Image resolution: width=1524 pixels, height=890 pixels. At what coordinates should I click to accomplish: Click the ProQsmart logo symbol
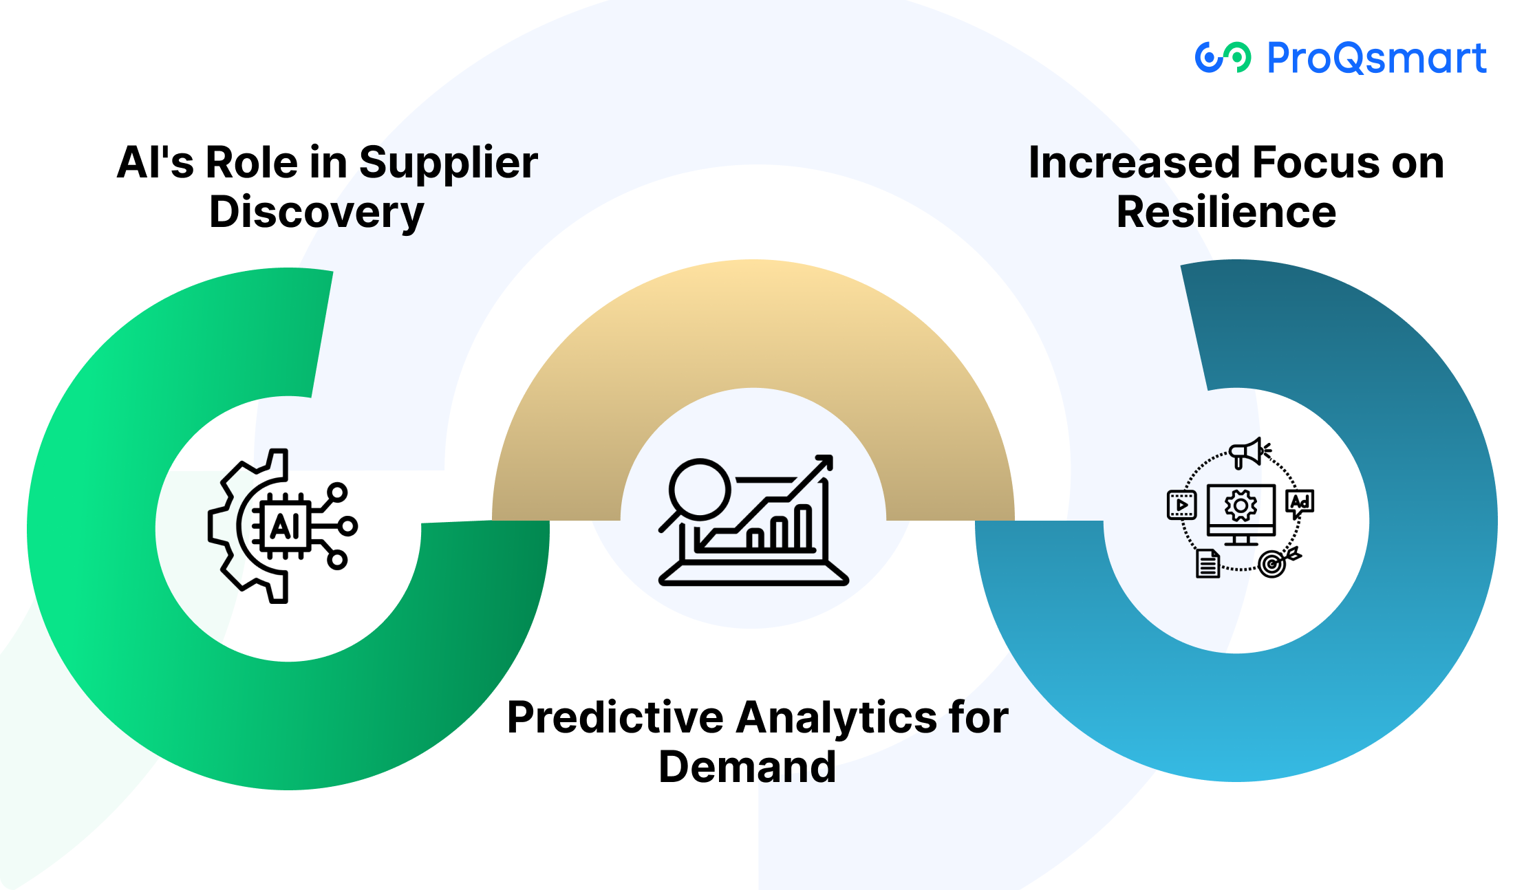(1223, 57)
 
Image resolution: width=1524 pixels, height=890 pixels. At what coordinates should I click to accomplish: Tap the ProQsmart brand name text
(1377, 58)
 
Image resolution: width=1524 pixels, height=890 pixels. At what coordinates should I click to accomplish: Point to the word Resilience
(1226, 212)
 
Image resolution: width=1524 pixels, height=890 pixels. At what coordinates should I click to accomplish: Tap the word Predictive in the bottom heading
(616, 717)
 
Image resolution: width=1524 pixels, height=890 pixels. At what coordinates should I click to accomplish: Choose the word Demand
(747, 767)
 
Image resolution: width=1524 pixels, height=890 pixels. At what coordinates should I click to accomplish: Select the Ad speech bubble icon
(1300, 503)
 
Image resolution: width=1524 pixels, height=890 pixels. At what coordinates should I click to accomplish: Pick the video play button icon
(1182, 504)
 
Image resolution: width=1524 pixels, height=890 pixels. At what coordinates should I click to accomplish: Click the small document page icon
(1208, 563)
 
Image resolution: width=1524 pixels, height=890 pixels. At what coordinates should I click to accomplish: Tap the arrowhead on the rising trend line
(824, 462)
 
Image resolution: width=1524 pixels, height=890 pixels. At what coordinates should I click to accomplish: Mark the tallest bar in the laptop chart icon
(803, 527)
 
